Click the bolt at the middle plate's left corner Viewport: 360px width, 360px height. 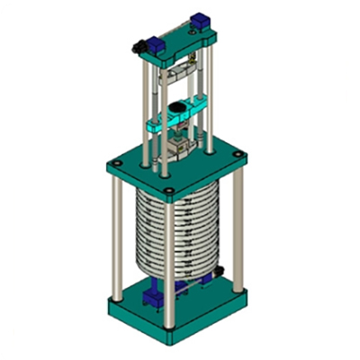pyautogui.click(x=114, y=166)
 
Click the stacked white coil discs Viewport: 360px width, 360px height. pyautogui.click(x=175, y=234)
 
